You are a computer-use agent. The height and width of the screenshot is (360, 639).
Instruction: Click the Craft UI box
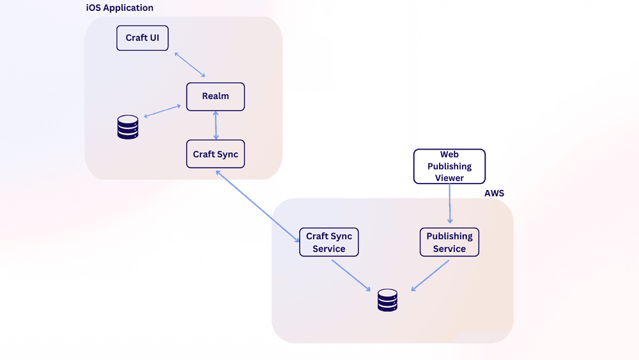142,38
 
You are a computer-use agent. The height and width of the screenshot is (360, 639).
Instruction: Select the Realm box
215,97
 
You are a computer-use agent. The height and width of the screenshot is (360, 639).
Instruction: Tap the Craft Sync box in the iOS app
215,154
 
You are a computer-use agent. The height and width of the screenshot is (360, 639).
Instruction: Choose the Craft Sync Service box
329,242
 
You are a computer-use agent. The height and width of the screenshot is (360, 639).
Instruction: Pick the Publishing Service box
449,242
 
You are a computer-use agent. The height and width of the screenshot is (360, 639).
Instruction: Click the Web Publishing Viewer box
449,166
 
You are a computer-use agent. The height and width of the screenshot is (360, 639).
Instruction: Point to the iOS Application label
120,8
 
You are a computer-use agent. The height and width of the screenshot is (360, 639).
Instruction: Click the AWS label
495,193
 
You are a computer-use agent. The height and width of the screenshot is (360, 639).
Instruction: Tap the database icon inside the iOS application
128,127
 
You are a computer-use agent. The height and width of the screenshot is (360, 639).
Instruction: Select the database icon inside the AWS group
388,301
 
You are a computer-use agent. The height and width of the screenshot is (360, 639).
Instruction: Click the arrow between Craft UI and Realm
190,65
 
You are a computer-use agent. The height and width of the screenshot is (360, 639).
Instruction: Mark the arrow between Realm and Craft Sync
215,125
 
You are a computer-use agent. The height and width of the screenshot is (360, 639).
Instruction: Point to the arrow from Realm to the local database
162,111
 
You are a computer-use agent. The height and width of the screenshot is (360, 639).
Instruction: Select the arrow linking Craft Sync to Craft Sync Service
258,207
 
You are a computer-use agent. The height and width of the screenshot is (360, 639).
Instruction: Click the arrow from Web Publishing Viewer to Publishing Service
450,204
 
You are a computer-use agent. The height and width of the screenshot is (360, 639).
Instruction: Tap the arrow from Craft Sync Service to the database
351,276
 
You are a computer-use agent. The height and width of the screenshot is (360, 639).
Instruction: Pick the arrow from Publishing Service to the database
430,276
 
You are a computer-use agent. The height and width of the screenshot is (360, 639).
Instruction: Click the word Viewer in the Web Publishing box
449,178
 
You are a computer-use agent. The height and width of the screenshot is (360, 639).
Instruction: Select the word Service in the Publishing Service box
449,249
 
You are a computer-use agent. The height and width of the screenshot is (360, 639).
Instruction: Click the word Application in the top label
128,8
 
